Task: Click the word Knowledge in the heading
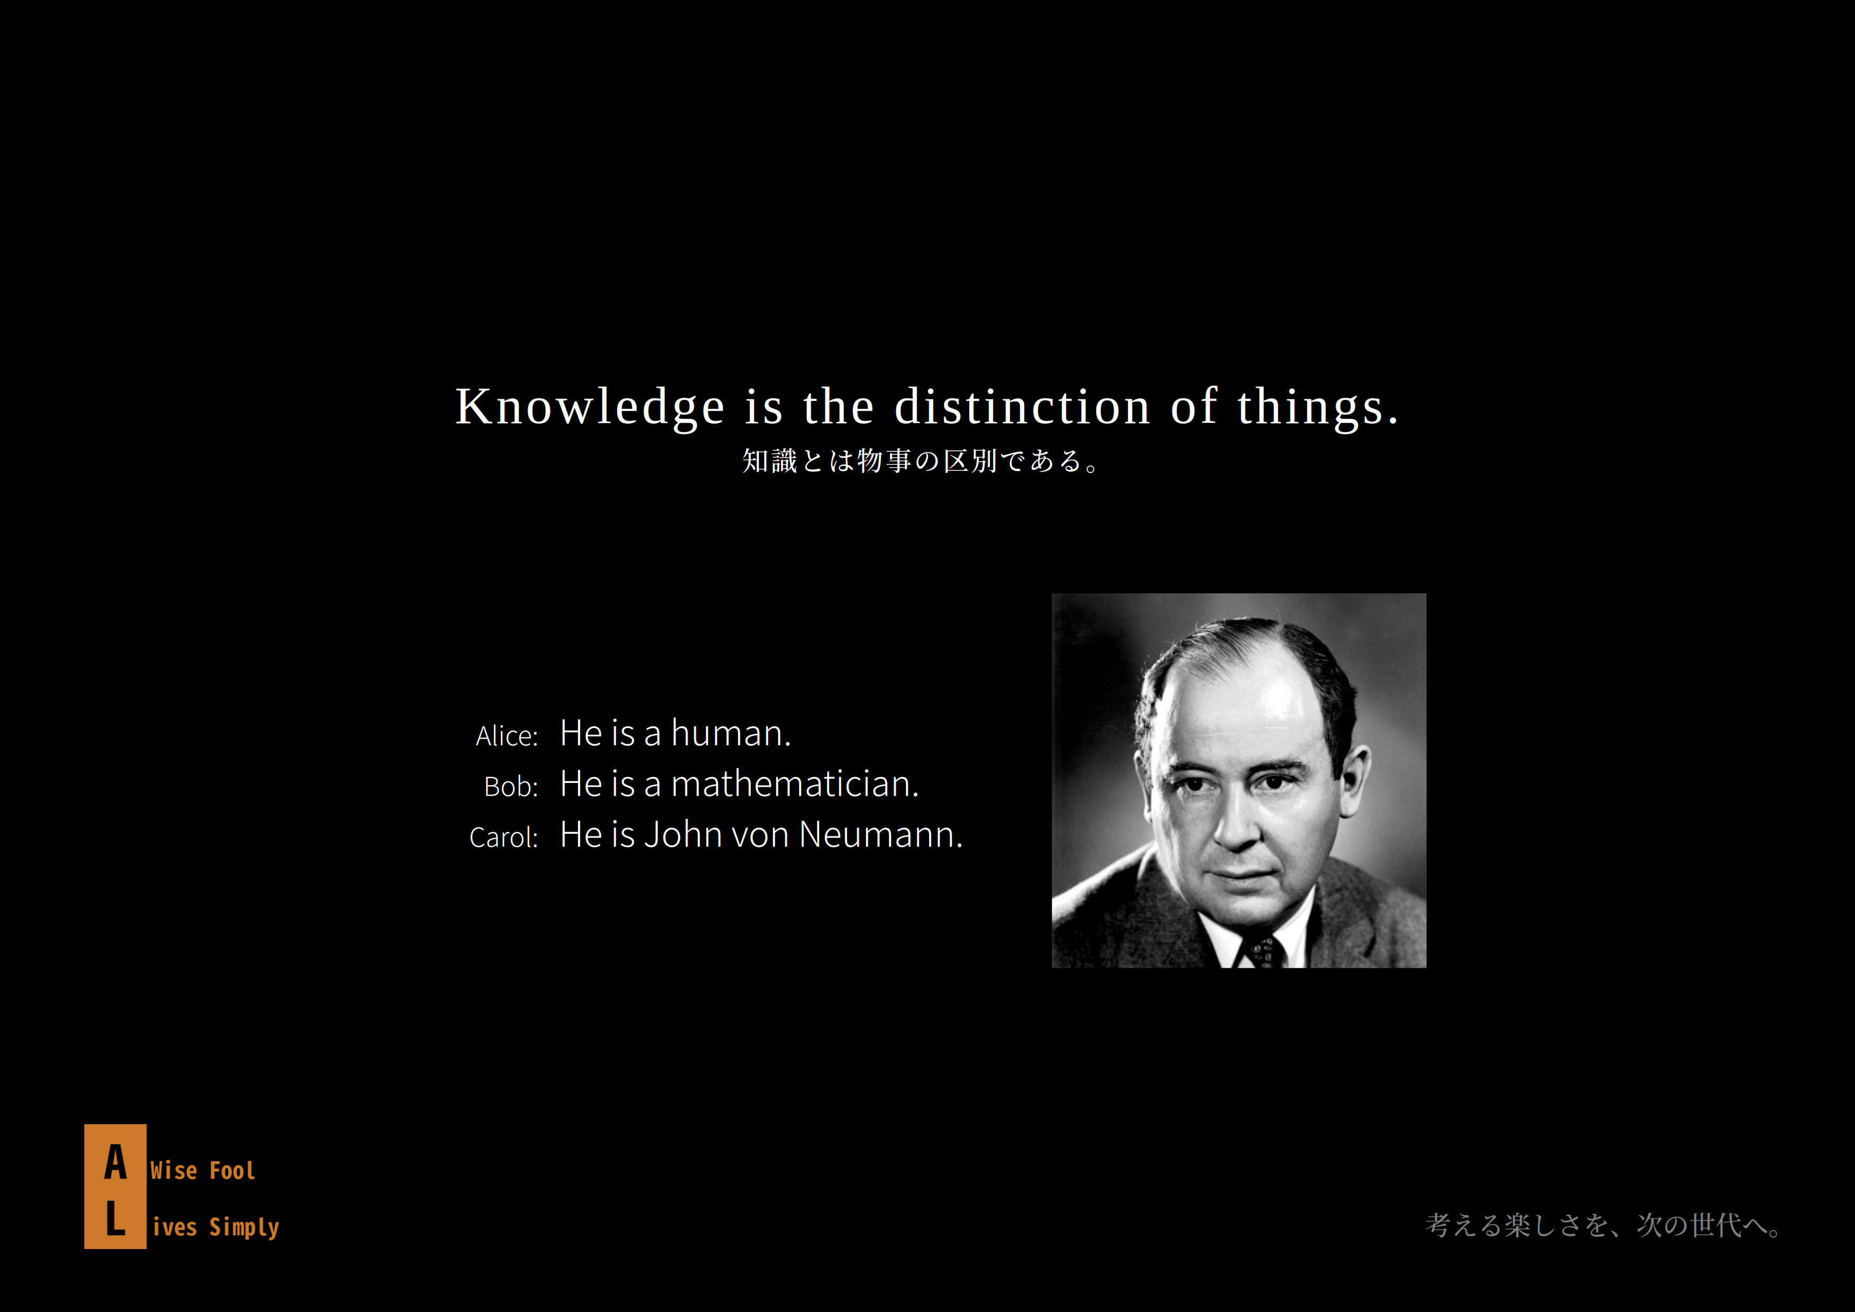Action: pos(590,407)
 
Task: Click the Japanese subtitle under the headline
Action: pos(921,461)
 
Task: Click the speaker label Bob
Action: pos(511,787)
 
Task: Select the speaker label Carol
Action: pos(503,837)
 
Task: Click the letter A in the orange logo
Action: pos(115,1162)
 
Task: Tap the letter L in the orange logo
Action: pos(115,1218)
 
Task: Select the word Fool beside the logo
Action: pos(233,1171)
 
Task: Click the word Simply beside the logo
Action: pos(244,1228)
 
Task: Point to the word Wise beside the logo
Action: pos(173,1171)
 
